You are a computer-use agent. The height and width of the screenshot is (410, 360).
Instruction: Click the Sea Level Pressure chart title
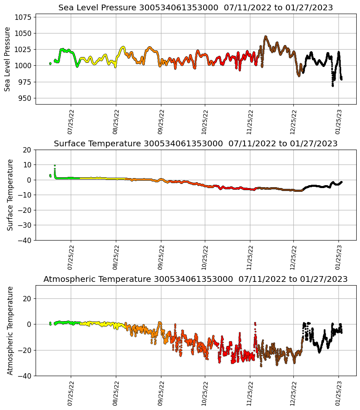tap(195, 7)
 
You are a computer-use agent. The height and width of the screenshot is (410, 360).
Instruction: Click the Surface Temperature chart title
tap(195, 143)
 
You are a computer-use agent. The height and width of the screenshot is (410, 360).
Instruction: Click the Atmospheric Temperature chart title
tap(195, 279)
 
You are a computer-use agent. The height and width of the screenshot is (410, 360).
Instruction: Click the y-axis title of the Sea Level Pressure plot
tap(7, 59)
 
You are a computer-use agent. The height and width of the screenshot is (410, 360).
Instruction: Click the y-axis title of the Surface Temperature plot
tap(11, 195)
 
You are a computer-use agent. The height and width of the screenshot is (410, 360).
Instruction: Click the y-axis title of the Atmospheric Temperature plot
tap(11, 330)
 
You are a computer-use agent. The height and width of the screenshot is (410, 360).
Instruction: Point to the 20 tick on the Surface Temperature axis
tap(27, 150)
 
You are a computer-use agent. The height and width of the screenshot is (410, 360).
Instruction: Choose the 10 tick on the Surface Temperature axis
tap(27, 165)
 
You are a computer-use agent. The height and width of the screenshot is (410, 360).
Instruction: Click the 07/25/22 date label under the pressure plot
tap(70, 122)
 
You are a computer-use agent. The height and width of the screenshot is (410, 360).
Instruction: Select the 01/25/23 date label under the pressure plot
tap(338, 122)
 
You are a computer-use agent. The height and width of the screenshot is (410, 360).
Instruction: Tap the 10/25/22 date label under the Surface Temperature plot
tap(204, 257)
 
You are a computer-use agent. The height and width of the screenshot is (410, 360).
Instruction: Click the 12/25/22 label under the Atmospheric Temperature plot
tap(293, 393)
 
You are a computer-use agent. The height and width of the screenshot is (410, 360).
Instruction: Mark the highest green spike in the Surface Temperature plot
tap(55, 165)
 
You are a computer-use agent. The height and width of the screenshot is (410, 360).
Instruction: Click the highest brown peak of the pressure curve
tap(266, 36)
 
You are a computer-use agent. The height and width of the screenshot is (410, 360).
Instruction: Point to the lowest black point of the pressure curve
tap(332, 86)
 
